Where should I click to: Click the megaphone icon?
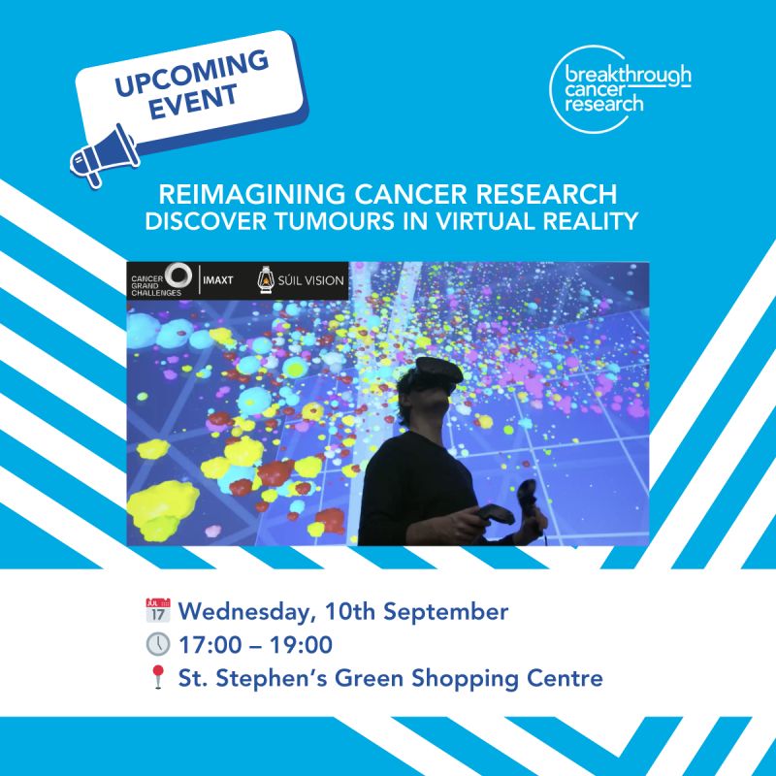coord(104,155)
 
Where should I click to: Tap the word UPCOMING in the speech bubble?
coord(191,74)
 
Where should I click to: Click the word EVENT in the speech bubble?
coord(193,102)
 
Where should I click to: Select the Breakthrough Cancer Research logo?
coord(620,89)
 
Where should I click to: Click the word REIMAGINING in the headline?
coord(252,194)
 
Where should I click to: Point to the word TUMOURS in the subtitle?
coord(335,221)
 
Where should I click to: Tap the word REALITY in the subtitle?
coord(591,221)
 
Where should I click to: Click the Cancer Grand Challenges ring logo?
coord(178,275)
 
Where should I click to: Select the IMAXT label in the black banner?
coord(217,280)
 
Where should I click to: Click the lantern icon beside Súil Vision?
coord(266,279)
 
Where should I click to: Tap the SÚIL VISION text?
coord(310,280)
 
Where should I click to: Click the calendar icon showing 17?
coord(158,610)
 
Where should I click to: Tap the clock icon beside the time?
coord(158,644)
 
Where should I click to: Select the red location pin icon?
coord(158,676)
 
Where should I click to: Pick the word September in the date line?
coord(446,613)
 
